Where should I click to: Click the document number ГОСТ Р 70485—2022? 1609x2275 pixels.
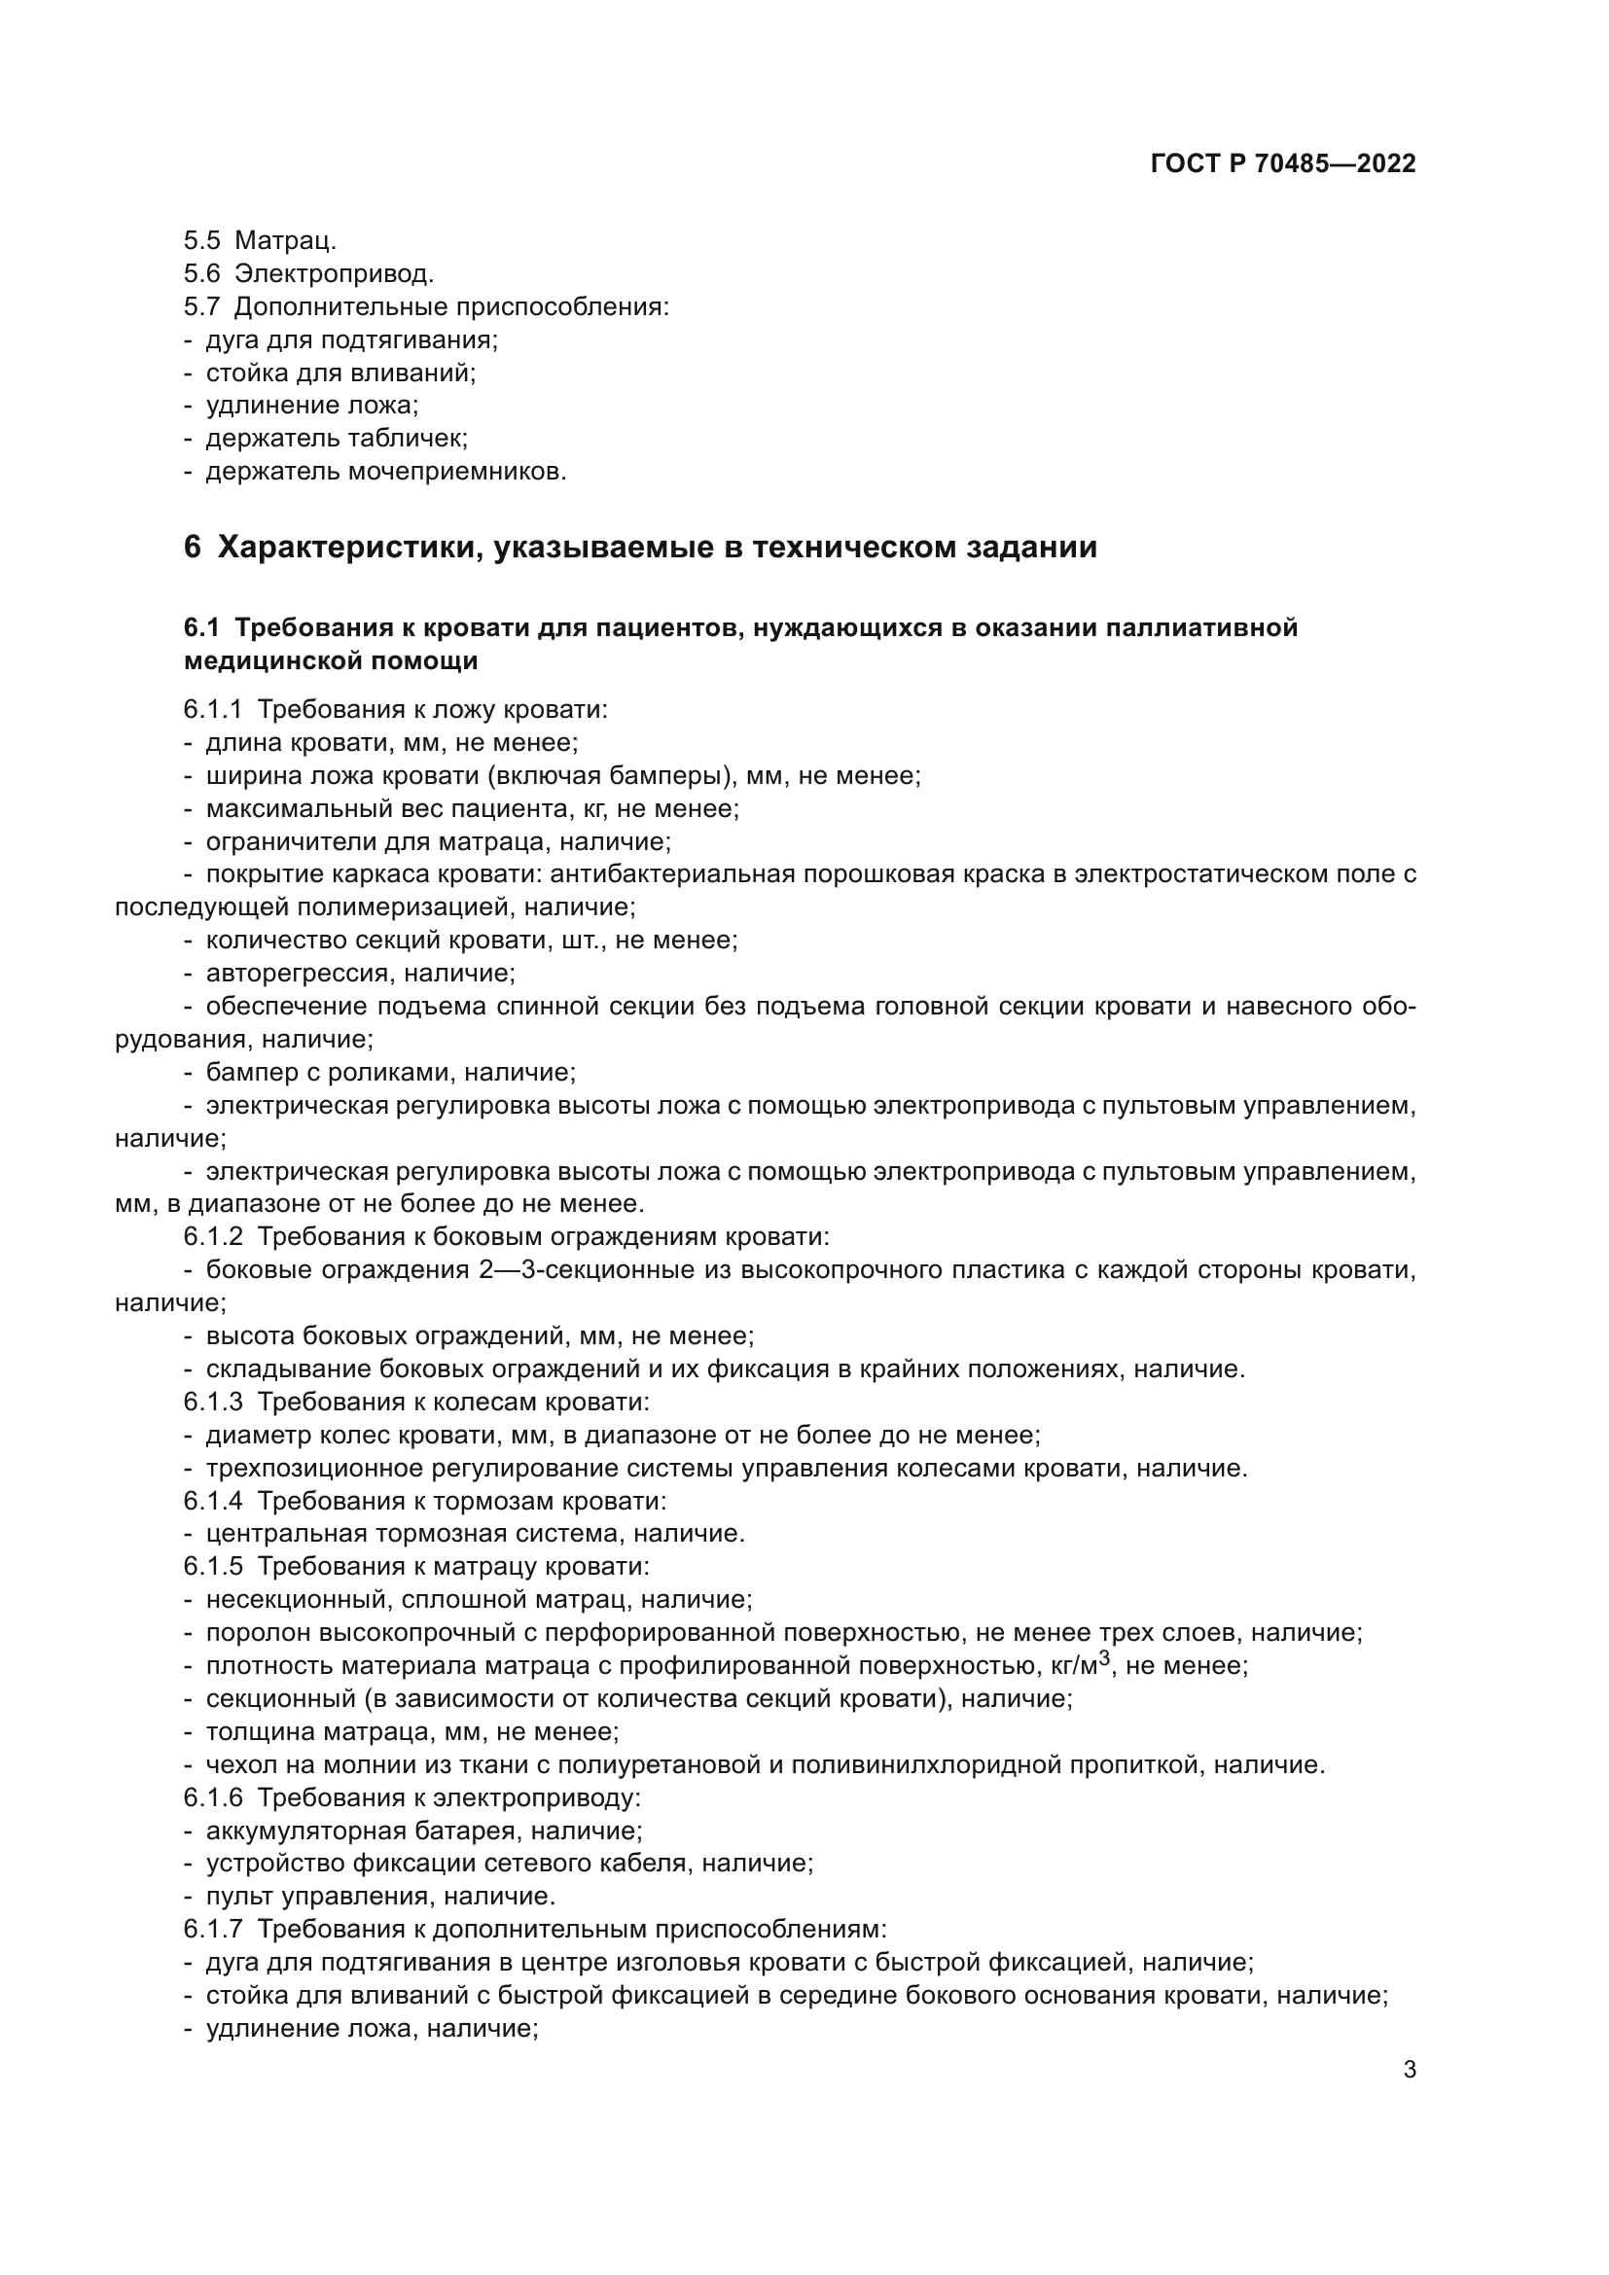(1283, 163)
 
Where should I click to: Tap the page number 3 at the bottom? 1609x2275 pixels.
(1409, 2070)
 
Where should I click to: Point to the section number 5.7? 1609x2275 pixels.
(201, 306)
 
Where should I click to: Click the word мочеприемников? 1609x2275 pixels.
(457, 472)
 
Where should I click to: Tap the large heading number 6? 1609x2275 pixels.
(193, 547)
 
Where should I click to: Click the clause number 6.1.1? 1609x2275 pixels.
(212, 709)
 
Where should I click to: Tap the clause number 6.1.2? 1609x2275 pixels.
(212, 1236)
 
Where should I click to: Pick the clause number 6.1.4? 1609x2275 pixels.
(212, 1500)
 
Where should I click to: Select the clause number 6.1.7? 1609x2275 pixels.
(212, 1929)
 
